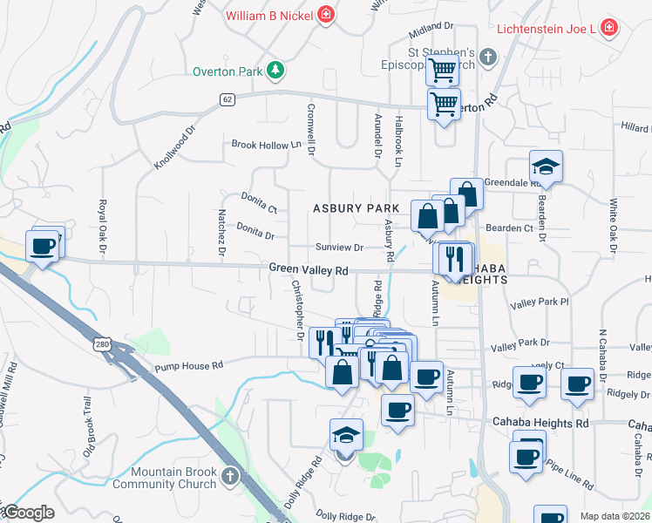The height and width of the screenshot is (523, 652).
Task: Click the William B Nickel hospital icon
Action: click(x=326, y=15)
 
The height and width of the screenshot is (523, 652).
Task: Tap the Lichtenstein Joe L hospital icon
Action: click(x=608, y=29)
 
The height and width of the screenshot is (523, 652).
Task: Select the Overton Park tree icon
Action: click(x=275, y=71)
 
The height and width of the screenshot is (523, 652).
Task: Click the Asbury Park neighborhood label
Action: click(x=356, y=208)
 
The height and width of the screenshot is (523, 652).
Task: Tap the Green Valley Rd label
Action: click(x=309, y=270)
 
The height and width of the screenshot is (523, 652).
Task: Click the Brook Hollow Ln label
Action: click(x=259, y=146)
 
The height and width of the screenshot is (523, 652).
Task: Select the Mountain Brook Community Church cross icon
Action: click(x=229, y=476)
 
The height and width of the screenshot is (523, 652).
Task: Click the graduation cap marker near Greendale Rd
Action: click(x=546, y=166)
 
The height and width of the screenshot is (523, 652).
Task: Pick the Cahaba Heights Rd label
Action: click(x=546, y=424)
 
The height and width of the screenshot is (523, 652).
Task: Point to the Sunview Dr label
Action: click(x=338, y=248)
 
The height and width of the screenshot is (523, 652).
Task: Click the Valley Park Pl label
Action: click(x=540, y=302)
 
